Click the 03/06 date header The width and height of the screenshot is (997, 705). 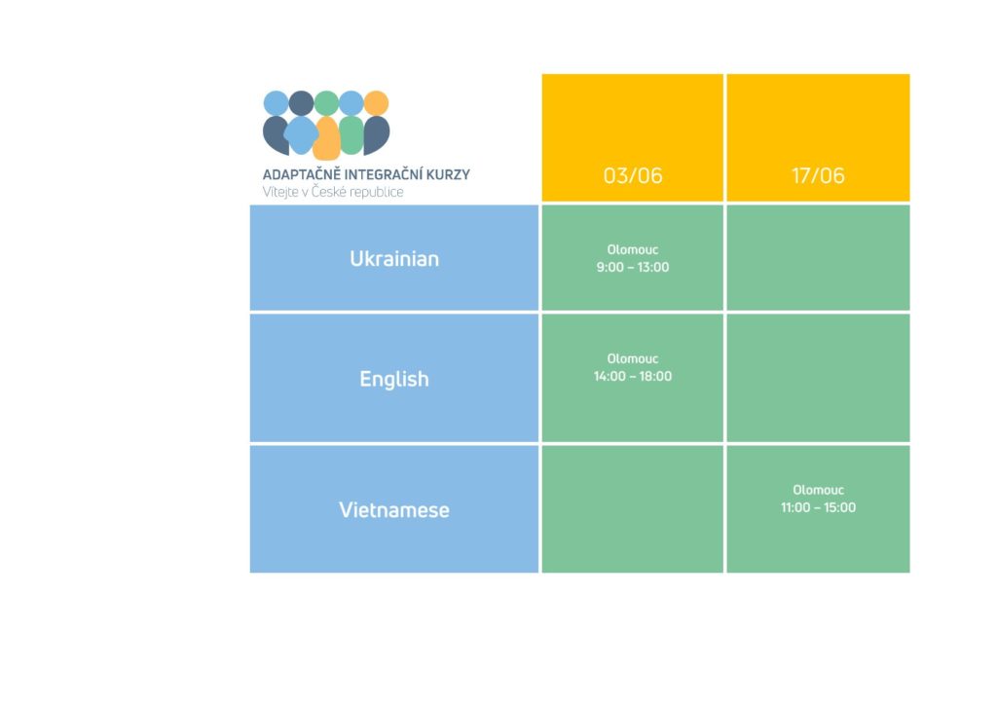tap(633, 175)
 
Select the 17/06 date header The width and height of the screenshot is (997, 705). tap(818, 175)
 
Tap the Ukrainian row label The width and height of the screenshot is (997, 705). tap(394, 259)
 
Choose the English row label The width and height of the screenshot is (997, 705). tap(394, 379)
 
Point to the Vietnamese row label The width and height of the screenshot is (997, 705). tap(394, 510)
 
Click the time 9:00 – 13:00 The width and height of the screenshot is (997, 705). tap(633, 267)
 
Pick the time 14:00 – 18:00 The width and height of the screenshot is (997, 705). tap(633, 376)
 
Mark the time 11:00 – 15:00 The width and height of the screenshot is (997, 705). tap(818, 507)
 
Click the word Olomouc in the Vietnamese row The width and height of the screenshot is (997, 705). tap(818, 490)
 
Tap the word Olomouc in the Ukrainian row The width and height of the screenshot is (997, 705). tap(633, 250)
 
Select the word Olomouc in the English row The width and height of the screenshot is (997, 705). tap(633, 359)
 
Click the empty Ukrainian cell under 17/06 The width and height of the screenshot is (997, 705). tap(818, 257)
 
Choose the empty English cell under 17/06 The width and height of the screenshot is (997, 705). tap(818, 378)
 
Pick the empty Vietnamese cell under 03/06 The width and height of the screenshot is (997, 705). tap(633, 509)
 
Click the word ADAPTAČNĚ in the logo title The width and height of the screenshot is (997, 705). tap(302, 174)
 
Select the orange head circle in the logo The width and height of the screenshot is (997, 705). tap(377, 103)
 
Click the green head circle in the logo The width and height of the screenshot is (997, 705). tap(326, 103)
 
